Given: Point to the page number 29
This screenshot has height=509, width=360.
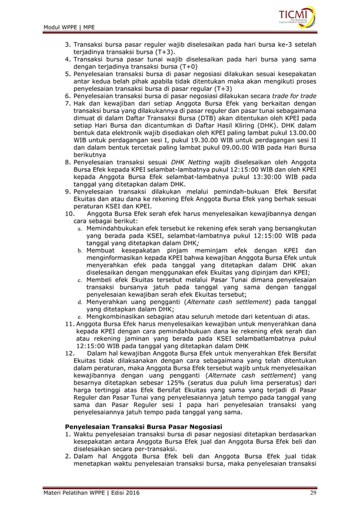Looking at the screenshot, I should [313, 494].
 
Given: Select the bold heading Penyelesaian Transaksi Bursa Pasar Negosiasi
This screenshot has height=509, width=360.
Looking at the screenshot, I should [144, 425].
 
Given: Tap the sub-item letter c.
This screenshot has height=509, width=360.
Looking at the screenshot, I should [80, 278].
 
